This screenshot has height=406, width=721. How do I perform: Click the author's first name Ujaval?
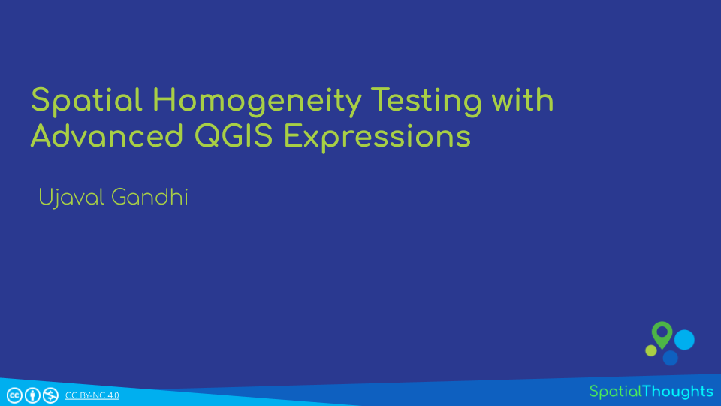point(72,198)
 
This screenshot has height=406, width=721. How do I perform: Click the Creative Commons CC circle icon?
point(14,395)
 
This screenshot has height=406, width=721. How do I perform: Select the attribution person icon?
point(32,395)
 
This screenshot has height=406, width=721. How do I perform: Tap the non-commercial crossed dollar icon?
point(50,395)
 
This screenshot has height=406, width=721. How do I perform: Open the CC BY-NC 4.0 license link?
point(92,395)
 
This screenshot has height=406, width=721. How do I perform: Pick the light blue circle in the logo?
point(684,340)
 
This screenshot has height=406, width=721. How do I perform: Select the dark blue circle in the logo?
point(670,357)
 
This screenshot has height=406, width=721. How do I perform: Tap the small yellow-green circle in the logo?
point(651,350)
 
